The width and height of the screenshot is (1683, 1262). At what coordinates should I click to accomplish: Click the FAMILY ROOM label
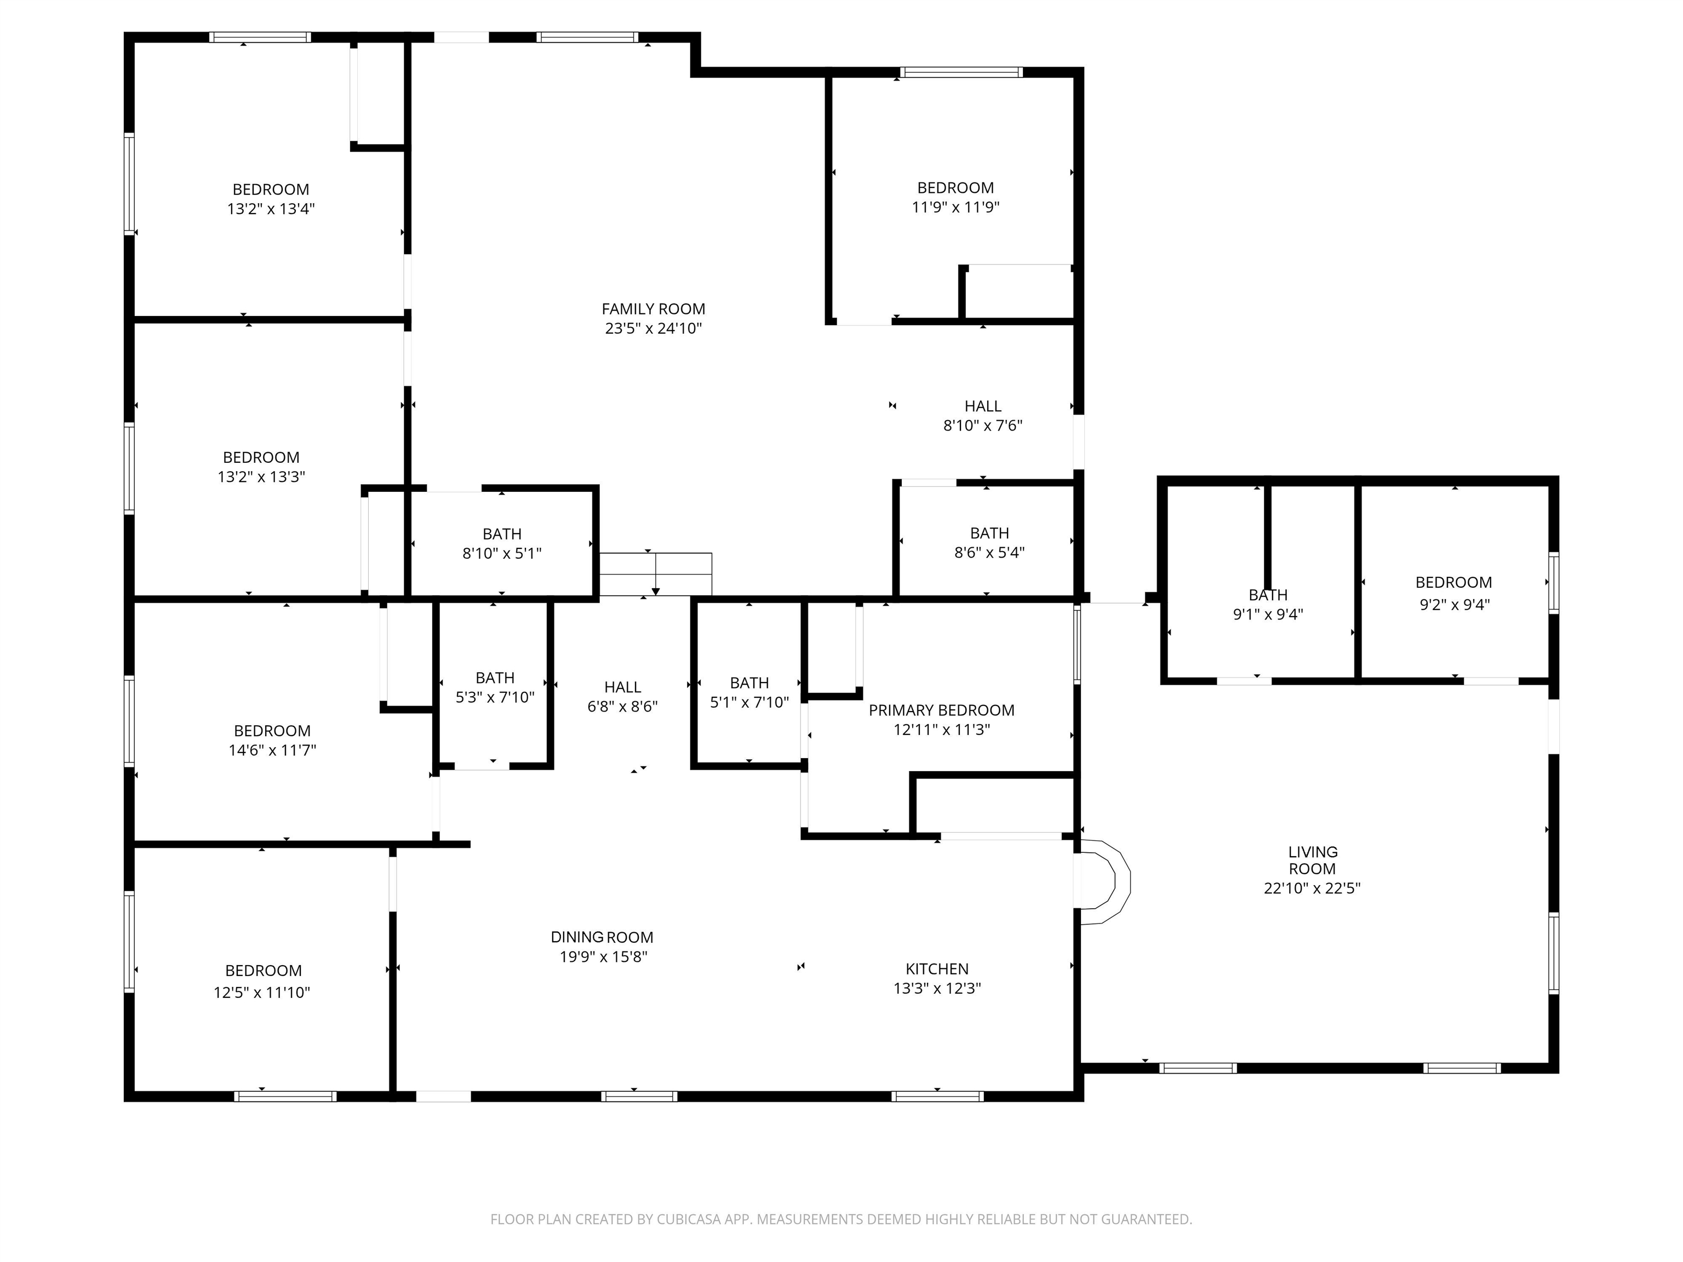click(653, 309)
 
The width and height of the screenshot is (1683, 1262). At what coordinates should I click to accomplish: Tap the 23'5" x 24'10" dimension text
click(653, 329)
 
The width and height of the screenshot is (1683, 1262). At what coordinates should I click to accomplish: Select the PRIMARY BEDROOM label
click(941, 710)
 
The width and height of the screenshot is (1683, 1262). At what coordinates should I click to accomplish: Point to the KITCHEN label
click(937, 968)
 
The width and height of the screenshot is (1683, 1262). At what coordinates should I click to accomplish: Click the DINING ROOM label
click(602, 937)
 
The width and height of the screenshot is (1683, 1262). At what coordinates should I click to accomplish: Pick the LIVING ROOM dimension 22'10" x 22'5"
click(1312, 888)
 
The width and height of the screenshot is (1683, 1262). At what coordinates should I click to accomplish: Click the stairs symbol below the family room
click(655, 575)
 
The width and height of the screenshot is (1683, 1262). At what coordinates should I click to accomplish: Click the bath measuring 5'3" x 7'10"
click(495, 687)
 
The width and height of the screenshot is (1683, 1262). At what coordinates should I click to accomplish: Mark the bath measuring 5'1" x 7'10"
click(749, 692)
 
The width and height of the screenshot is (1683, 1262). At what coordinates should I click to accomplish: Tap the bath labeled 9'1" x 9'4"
click(1268, 605)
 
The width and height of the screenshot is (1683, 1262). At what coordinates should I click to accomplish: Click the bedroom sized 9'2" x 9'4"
click(1453, 593)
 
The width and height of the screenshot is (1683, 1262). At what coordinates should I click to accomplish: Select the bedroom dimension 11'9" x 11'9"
click(955, 207)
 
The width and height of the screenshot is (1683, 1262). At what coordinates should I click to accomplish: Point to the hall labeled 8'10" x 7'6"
click(982, 415)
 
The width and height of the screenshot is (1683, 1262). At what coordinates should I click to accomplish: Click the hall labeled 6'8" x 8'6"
click(622, 696)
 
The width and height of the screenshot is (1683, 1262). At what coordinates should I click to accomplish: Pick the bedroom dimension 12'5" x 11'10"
click(262, 992)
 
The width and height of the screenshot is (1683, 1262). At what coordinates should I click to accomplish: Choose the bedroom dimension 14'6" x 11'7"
click(272, 750)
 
